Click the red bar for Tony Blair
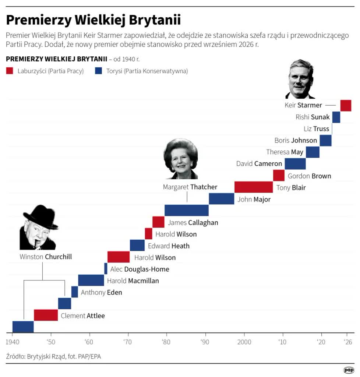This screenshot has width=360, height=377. point(254,187)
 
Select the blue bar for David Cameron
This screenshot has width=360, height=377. point(295,164)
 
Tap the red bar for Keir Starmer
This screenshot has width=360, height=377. point(346,106)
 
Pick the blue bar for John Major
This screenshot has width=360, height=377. point(221,199)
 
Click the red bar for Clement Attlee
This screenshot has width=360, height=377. point(46,315)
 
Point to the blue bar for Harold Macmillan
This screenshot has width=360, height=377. point(91,280)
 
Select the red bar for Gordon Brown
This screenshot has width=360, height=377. point(279,176)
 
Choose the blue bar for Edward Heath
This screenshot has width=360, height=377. point(137,245)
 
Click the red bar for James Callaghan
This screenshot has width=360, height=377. point(158,222)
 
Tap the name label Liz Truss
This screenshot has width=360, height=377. point(316,128)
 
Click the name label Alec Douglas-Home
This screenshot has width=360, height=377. point(140,269)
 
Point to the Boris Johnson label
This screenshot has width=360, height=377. point(296,140)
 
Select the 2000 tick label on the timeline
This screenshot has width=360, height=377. point(244,342)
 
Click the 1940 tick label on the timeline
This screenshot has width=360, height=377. point(12,342)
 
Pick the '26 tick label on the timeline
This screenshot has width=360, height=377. point(347,342)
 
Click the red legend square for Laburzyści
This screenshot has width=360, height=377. point(10,71)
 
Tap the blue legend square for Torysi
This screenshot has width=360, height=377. point(99,71)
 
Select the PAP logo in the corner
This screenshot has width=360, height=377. point(349,370)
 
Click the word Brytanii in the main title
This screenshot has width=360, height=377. point(155,20)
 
